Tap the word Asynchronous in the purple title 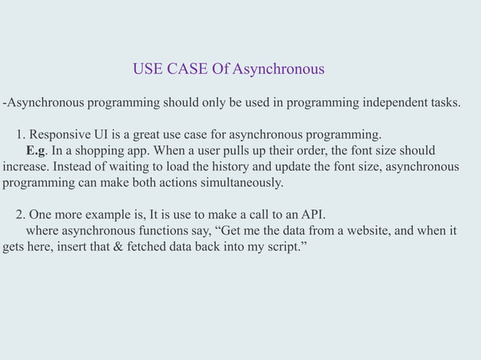[278, 70]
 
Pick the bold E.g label [37, 151]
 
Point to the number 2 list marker [20, 215]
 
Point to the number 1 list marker [20, 135]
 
